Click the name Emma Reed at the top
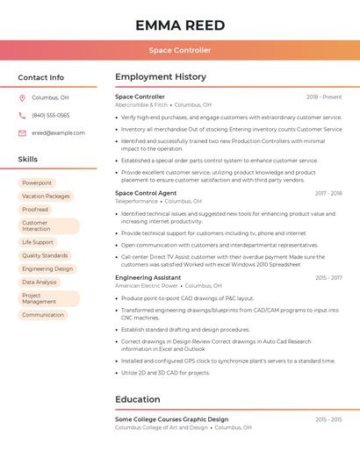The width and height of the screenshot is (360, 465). tap(180, 25)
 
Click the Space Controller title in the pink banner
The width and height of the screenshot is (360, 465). tap(180, 50)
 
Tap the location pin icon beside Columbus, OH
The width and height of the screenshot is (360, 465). tap(22, 98)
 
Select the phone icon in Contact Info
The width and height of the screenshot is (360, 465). tap(22, 115)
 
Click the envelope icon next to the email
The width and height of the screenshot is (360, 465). tap(22, 133)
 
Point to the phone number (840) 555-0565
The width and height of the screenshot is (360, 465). tap(51, 115)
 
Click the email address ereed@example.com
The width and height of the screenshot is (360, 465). tap(58, 133)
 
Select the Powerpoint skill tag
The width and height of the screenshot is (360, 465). tap(37, 183)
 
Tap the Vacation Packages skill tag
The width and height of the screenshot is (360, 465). tap(46, 197)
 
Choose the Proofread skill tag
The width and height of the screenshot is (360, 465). tap(35, 210)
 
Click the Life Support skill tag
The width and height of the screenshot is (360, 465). tap(38, 242)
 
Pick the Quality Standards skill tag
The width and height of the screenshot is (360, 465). tap(45, 255)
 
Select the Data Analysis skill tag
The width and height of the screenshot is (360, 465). tap(40, 283)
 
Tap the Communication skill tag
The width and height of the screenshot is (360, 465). tap(43, 315)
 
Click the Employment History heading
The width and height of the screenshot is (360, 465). tap(161, 77)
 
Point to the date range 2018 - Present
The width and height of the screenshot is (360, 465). tap(324, 97)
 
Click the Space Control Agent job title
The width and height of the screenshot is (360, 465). tap(146, 193)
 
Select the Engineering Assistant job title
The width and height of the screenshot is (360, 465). tap(148, 278)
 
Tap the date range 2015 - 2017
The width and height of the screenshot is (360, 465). tap(328, 278)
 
